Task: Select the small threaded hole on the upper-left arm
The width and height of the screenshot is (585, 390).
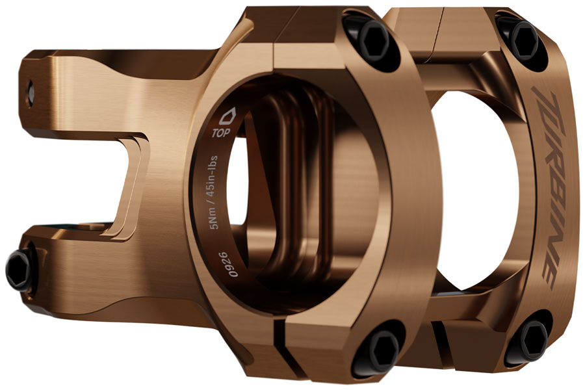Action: tap(30, 95)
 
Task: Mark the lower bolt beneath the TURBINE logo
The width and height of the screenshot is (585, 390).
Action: tap(530, 338)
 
